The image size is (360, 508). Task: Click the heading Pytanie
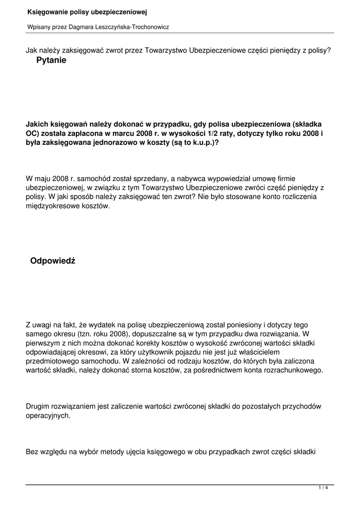[51, 61]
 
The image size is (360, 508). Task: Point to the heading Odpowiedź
[52, 261]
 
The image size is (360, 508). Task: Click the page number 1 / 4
[323, 489]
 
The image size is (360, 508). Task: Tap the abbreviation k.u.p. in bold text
[200, 142]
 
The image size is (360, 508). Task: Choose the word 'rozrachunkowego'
[294, 370]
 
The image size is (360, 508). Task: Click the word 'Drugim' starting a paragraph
[38, 406]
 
